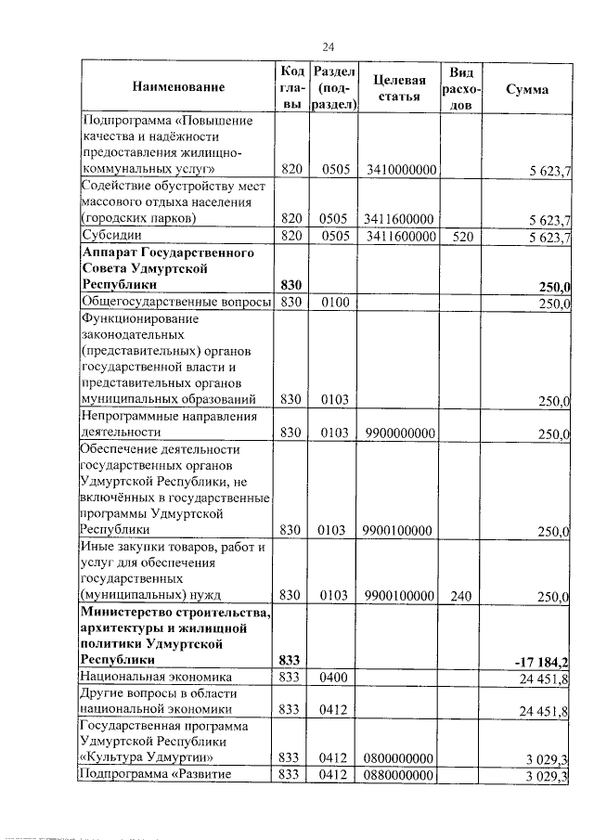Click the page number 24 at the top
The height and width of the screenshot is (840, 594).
pos(328,47)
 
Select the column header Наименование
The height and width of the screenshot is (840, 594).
pos(178,88)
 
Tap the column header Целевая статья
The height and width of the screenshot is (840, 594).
pos(400,88)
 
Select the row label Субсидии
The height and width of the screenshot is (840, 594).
pos(109,237)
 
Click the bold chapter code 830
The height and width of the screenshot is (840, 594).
pos(291,285)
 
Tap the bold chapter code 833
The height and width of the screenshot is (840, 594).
pos(291,660)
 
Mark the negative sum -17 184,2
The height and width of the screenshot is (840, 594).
pos(541,661)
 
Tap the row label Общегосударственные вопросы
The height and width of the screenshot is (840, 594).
pos(176,303)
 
